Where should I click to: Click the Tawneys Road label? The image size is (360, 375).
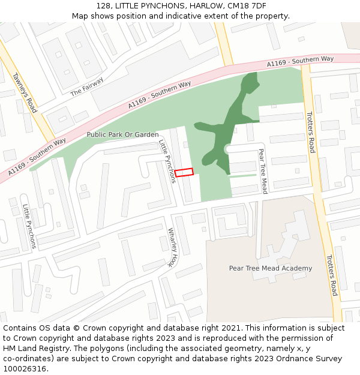pyautogui.click(x=25, y=93)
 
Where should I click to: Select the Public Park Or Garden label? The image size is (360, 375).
pyautogui.click(x=122, y=134)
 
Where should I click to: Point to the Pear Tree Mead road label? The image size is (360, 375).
pyautogui.click(x=263, y=171)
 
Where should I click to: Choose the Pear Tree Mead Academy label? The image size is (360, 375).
pyautogui.click(x=271, y=268)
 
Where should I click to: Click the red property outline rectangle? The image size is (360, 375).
pyautogui.click(x=184, y=172)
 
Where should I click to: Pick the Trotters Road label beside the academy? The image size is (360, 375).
pyautogui.click(x=332, y=275)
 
